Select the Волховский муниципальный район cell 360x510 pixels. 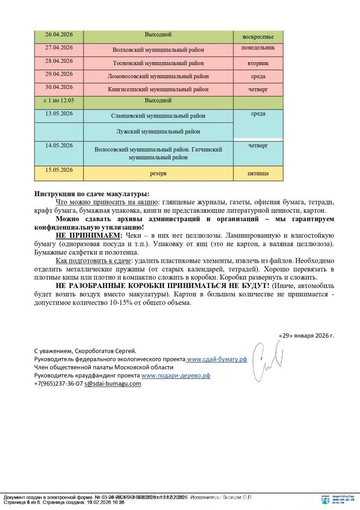click(158, 50)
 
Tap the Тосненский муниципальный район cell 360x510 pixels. click(158, 63)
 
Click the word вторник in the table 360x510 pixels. click(258, 64)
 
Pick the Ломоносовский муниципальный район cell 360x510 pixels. click(158, 76)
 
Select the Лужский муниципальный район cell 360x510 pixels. click(158, 132)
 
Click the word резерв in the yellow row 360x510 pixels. click(158, 173)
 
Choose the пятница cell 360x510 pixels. click(258, 173)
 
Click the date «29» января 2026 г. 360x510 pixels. click(306, 336)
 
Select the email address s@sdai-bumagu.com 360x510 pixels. click(112, 384)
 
